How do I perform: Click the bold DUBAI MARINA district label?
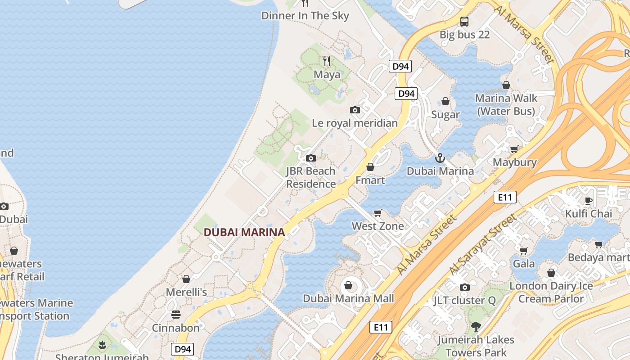coord(244,232)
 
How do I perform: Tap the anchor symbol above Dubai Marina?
coord(440,158)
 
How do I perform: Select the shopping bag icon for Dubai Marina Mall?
coord(348,285)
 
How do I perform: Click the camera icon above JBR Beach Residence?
coord(310,158)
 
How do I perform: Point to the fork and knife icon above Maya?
coord(327,61)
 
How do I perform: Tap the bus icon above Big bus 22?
coord(464,21)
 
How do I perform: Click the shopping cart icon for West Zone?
coord(378,213)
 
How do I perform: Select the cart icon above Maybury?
coord(514,149)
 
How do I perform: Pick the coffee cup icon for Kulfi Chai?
coord(588,200)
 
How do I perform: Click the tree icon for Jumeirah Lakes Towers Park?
coord(476,327)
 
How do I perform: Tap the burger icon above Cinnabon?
coord(175,314)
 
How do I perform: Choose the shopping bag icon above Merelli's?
coord(186,279)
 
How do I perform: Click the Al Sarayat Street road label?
coord(482,244)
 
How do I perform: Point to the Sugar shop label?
coord(445,115)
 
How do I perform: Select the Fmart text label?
coord(370,180)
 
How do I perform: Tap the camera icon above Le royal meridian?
coord(355,110)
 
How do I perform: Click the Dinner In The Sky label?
coord(305,16)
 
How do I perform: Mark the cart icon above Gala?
coord(523,251)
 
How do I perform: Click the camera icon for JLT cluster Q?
coord(465,287)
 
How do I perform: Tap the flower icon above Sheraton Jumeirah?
coord(103,345)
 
